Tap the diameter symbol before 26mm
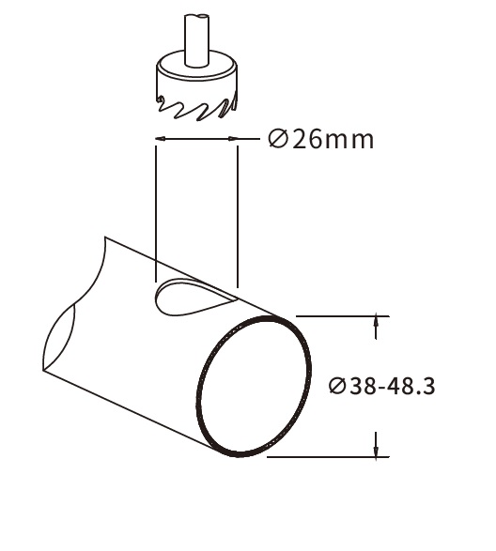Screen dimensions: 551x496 [x=276, y=140]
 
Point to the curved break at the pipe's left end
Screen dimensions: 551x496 [x=57, y=337]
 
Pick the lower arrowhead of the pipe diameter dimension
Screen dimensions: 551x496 [x=378, y=450]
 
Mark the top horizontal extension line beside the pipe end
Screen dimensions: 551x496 [x=338, y=316]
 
